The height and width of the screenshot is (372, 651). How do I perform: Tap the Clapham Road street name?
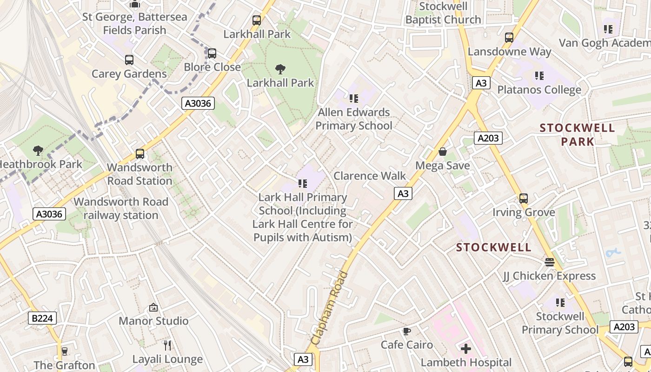[x=330, y=308]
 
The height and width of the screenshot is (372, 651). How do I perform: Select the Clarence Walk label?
[x=370, y=176]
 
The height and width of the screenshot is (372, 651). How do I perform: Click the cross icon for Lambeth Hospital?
[x=465, y=348]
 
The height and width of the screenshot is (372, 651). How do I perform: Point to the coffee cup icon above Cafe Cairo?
[x=407, y=331]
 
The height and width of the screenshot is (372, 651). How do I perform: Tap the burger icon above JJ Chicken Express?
[x=549, y=262]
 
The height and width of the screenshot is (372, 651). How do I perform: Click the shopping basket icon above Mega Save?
[x=442, y=152]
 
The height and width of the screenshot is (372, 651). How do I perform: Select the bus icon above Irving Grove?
[x=524, y=199]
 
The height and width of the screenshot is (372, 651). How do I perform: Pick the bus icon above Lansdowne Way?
[x=509, y=38]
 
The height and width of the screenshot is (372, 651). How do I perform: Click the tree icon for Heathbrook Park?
[x=38, y=150]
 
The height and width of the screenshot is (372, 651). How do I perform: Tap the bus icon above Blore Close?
[x=212, y=53]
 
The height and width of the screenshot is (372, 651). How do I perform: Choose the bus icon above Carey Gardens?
[x=129, y=60]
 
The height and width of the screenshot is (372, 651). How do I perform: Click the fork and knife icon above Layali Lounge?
[x=167, y=345]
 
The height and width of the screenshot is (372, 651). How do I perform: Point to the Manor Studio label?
[x=153, y=321]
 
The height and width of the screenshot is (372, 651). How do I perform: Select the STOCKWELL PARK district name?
[x=577, y=134]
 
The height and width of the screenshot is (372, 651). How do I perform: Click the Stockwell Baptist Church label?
[x=443, y=13]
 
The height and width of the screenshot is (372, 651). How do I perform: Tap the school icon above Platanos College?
[x=539, y=76]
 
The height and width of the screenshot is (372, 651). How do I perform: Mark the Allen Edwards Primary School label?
[x=354, y=119]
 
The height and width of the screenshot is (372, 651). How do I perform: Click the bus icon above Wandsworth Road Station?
[x=140, y=154]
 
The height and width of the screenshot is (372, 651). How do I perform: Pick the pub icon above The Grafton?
[x=64, y=351]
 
